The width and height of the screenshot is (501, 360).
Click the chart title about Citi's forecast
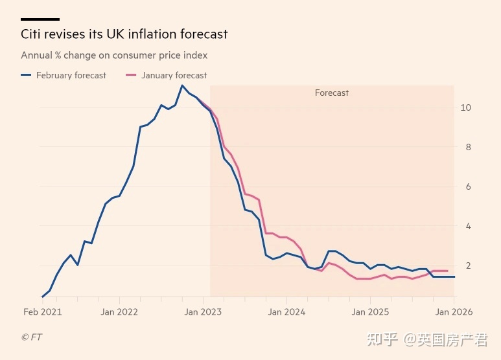124,34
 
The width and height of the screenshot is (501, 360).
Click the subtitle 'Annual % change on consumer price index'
114,56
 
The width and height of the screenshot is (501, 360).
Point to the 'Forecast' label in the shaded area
332,93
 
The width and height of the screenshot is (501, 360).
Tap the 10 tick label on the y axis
465,107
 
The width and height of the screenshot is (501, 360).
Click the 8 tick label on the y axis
465,147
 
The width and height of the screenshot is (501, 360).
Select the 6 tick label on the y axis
465,186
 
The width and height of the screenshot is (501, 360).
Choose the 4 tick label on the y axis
465,226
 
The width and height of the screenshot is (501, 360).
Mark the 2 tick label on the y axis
465,265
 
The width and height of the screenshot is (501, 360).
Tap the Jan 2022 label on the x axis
119,312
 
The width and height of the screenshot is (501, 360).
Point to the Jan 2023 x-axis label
204,312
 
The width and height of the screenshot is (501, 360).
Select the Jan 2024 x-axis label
287,312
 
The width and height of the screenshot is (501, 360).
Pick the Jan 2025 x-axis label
371,312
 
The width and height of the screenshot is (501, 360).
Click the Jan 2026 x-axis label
454,312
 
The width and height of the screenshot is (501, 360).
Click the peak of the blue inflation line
182,85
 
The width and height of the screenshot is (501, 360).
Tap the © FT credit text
31,337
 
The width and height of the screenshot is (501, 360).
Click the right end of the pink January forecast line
447,271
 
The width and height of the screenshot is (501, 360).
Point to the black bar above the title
40,19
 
